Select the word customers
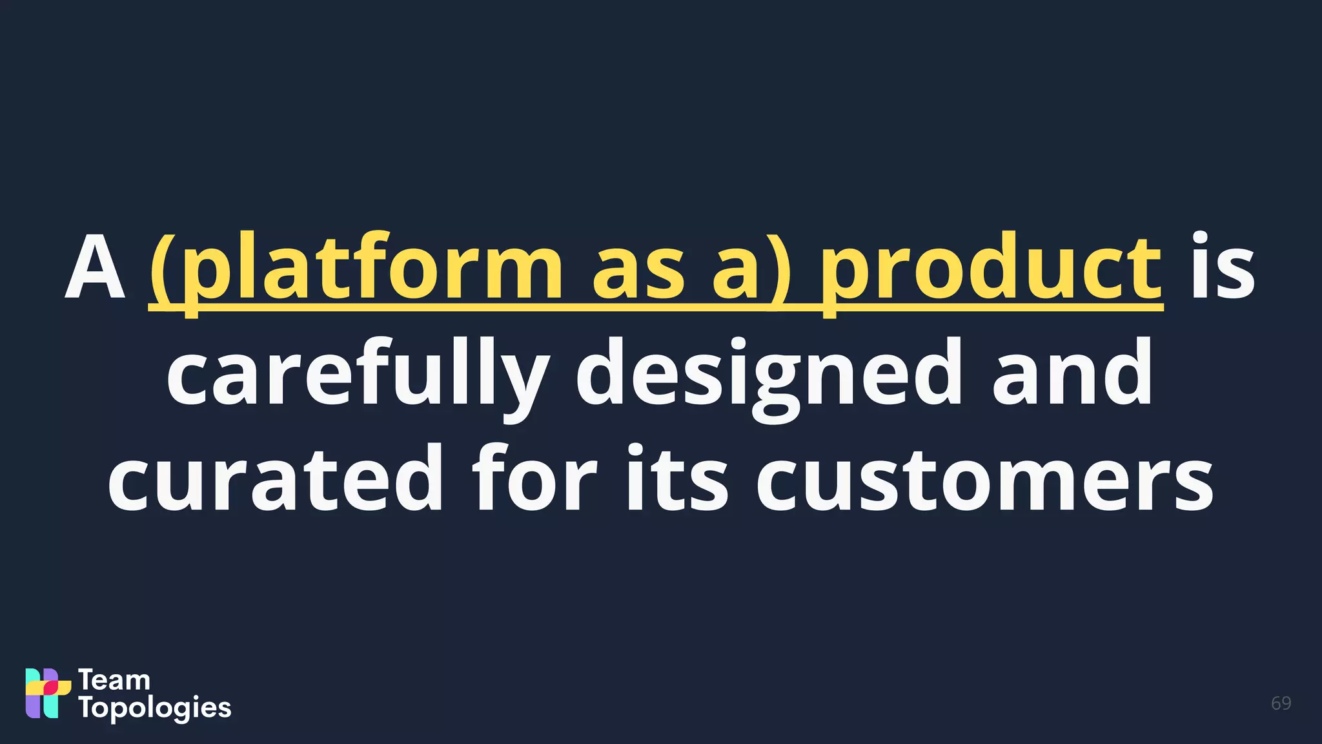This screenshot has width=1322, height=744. [985, 482]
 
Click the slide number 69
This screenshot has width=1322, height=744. [1281, 703]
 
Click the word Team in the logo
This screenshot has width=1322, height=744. [114, 680]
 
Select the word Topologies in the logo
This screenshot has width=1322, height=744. [155, 708]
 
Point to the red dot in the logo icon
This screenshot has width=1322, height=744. [50, 688]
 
